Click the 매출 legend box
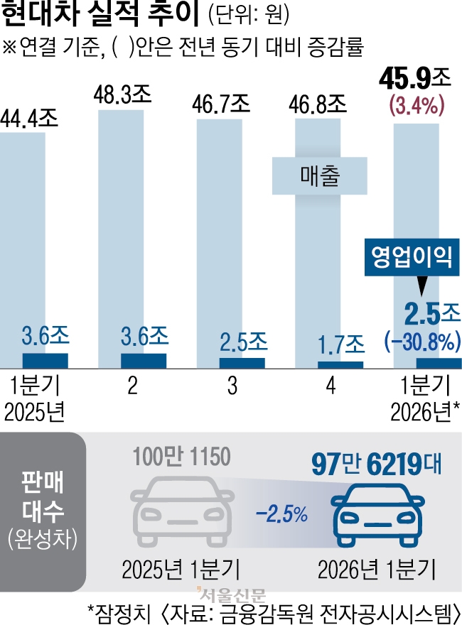point(319,175)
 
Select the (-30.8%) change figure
point(419,342)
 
